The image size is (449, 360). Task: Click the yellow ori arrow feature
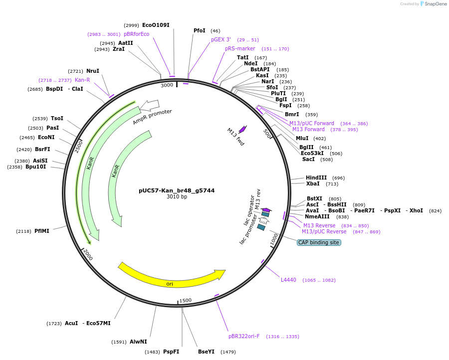click(x=170, y=279)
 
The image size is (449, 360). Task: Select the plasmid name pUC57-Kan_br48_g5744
click(x=177, y=190)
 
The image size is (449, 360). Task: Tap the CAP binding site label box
click(x=319, y=242)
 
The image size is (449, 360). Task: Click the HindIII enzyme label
click(x=316, y=178)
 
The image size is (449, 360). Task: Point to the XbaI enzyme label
click(x=313, y=184)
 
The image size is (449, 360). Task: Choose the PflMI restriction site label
click(x=42, y=231)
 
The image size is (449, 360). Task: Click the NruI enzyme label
click(x=93, y=71)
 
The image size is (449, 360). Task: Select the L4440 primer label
click(x=288, y=280)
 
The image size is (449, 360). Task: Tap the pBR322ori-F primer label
click(x=244, y=336)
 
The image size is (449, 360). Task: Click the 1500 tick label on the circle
click(x=186, y=300)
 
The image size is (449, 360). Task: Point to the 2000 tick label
click(x=88, y=254)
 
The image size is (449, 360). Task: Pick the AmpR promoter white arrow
click(x=150, y=105)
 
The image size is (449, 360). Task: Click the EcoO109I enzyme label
click(x=156, y=25)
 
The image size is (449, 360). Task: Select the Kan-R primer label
click(x=82, y=80)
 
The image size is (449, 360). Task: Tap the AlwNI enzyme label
click(x=138, y=342)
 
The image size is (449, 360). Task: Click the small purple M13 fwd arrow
click(x=242, y=129)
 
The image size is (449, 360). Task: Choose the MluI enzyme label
click(x=302, y=138)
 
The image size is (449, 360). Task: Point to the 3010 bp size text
click(x=177, y=197)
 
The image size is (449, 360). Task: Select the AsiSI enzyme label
click(x=40, y=161)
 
